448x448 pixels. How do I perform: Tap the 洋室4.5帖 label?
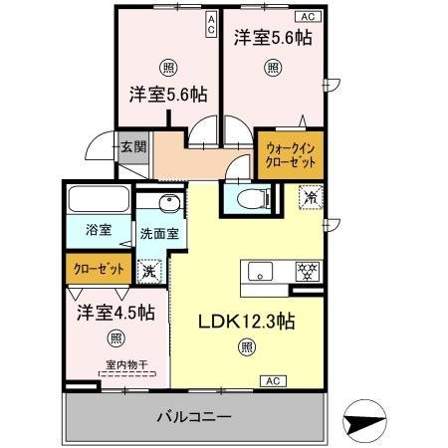click(x=114, y=312)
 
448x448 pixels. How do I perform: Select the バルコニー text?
click(x=194, y=415)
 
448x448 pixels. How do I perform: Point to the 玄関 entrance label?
click(x=133, y=147)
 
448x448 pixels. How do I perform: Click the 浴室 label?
click(x=97, y=231)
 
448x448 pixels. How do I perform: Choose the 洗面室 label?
click(x=158, y=235)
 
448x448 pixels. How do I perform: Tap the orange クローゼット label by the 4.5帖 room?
click(x=97, y=269)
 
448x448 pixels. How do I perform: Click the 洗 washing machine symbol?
click(x=149, y=269)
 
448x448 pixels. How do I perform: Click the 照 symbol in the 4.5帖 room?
click(x=116, y=336)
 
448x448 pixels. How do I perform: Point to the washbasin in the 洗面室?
click(x=163, y=207)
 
